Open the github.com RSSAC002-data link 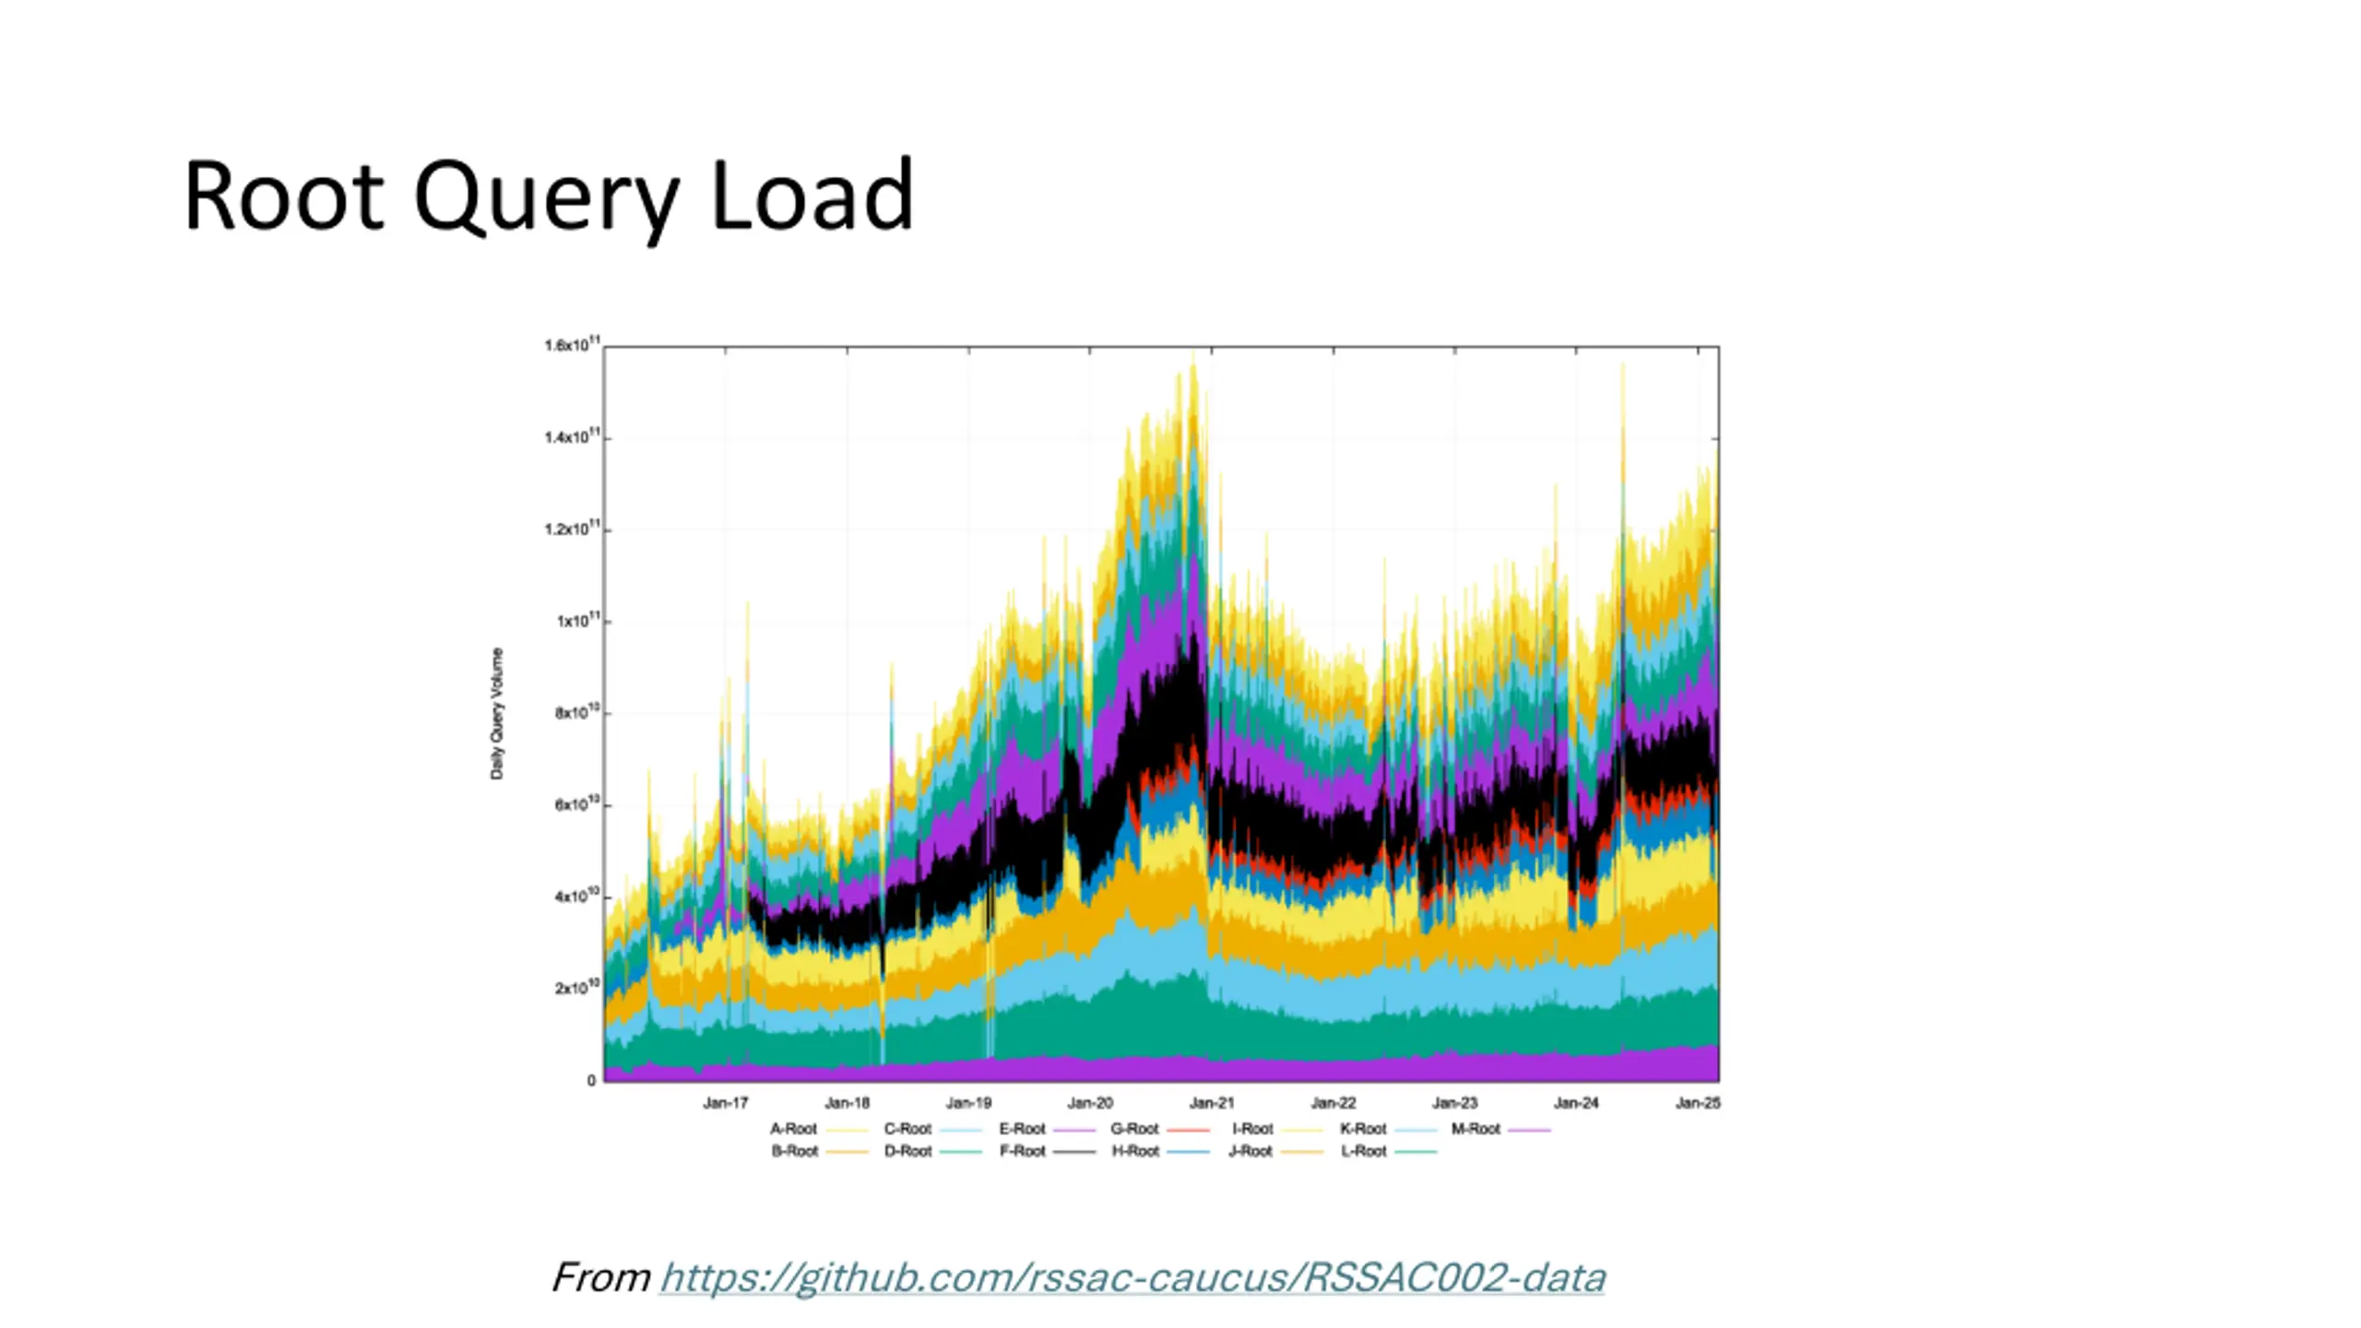pos(1132,1278)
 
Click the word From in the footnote pos(601,1278)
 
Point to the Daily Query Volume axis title pos(497,714)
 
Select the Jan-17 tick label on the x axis pos(726,1103)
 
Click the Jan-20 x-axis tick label pos(1090,1103)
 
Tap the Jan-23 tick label pos(1454,1103)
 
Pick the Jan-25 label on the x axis pos(1697,1103)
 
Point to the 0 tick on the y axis pos(591,1081)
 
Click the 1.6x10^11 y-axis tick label pos(572,346)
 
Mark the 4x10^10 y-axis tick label pos(576,896)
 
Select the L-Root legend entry pos(1364,1152)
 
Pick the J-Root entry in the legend pos(1251,1152)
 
